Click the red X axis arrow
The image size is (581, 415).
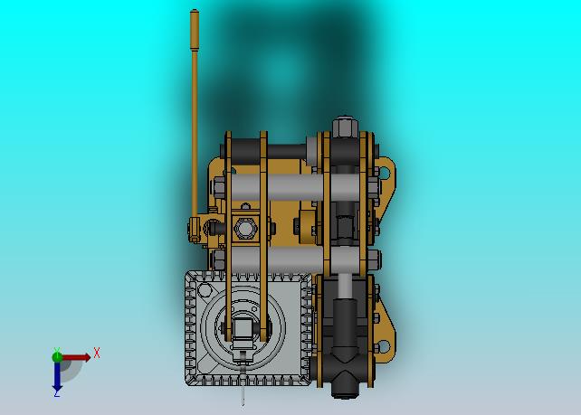76,358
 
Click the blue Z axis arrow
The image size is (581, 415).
57,376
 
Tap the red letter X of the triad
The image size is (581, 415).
97,353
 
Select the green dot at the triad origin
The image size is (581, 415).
57,357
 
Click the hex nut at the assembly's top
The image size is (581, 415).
344,127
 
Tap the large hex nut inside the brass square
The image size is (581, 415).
244,228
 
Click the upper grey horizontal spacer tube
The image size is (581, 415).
295,187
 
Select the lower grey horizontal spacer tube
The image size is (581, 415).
295,259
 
